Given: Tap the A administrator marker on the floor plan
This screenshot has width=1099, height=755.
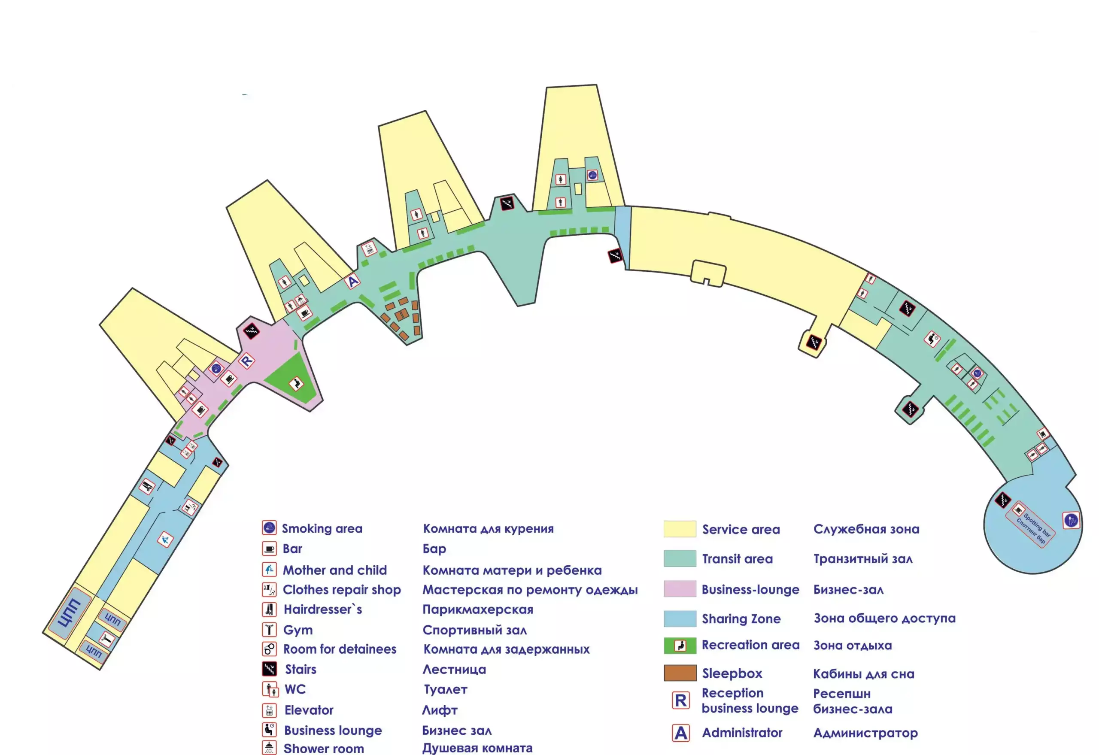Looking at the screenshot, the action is [352, 282].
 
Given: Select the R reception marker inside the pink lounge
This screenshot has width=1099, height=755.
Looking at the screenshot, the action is [246, 361].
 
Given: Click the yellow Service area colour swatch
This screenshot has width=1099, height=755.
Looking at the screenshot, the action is [680, 529].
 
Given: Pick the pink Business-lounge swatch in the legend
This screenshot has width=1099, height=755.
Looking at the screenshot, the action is [680, 589].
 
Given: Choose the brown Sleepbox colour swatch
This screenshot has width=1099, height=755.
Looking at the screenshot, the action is [680, 673].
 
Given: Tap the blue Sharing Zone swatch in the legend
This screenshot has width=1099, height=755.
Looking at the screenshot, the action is [680, 618].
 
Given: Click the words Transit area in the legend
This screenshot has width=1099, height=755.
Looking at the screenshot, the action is [737, 559].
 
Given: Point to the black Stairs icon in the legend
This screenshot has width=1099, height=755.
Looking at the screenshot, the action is [269, 668].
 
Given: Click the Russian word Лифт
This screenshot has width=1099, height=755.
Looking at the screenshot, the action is [440, 710].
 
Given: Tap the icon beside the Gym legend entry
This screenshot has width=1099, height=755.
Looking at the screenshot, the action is [269, 629].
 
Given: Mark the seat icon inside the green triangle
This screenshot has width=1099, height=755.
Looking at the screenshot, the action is [296, 383].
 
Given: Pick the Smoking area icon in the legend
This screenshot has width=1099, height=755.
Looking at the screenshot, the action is [269, 528].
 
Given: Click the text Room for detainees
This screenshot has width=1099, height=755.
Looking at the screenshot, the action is [340, 649].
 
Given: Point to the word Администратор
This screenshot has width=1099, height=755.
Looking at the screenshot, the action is [865, 733].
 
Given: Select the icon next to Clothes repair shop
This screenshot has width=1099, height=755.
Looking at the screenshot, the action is [269, 589].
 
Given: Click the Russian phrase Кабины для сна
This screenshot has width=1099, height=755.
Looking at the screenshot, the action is [863, 673].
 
